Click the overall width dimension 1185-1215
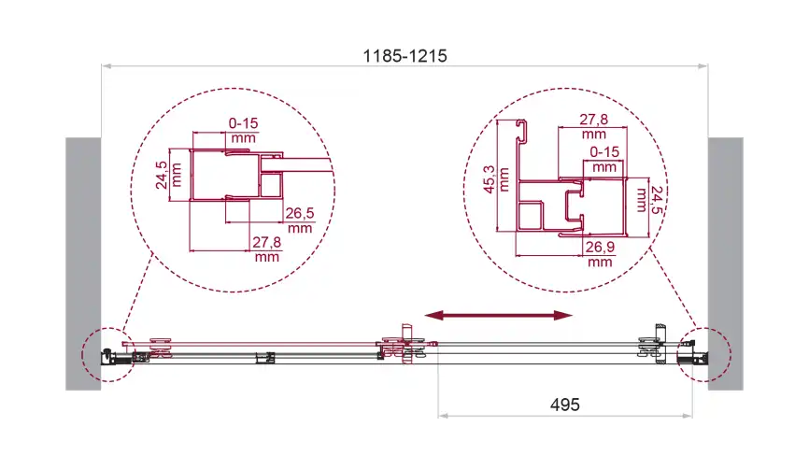click(x=405, y=56)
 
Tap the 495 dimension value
click(x=565, y=405)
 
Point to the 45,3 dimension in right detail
click(x=490, y=178)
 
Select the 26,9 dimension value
click(x=600, y=247)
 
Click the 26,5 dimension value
click(x=300, y=213)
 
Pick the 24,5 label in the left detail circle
click(x=162, y=175)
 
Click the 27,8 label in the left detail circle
click(x=267, y=242)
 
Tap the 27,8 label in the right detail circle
click(x=594, y=120)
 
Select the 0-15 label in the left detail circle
click(x=243, y=123)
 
